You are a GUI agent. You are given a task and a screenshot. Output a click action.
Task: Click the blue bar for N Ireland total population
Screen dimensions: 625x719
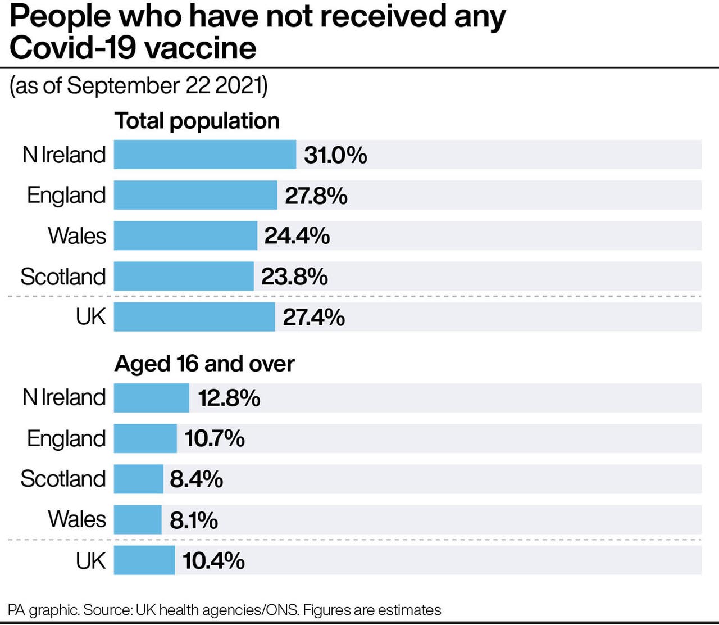[204, 155]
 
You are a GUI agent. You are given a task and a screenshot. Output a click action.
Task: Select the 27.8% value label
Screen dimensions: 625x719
[316, 196]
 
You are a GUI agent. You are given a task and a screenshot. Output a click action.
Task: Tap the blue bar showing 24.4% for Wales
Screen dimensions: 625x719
[185, 235]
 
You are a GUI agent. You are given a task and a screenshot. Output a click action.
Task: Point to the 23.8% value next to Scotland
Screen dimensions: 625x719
[294, 277]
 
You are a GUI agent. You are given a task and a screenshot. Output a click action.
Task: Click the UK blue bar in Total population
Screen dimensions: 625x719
[194, 317]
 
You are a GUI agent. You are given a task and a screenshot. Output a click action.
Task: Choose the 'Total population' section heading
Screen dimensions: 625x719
[197, 121]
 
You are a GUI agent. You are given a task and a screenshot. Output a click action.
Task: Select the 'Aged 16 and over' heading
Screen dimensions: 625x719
[204, 364]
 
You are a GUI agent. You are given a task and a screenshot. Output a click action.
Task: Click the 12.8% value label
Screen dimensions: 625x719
[229, 398]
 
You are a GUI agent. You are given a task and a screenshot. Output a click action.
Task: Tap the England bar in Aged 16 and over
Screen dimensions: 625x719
[145, 438]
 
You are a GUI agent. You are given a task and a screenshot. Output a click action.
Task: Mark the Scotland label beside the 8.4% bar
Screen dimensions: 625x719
[63, 479]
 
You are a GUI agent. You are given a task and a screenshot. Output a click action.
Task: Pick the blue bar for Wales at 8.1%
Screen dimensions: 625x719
[138, 519]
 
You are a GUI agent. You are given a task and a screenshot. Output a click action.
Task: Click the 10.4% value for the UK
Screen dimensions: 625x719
[213, 560]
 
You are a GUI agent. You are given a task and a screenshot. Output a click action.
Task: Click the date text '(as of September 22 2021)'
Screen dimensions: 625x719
[138, 86]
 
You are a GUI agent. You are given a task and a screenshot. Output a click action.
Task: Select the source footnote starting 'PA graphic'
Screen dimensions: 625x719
[225, 610]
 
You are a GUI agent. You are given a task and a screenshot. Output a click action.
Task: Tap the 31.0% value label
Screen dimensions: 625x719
[335, 155]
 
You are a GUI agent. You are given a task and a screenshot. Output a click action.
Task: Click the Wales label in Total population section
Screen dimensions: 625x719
[77, 235]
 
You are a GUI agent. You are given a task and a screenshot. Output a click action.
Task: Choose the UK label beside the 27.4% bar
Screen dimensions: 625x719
[90, 317]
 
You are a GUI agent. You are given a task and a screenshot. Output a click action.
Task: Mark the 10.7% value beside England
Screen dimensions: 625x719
[215, 438]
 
